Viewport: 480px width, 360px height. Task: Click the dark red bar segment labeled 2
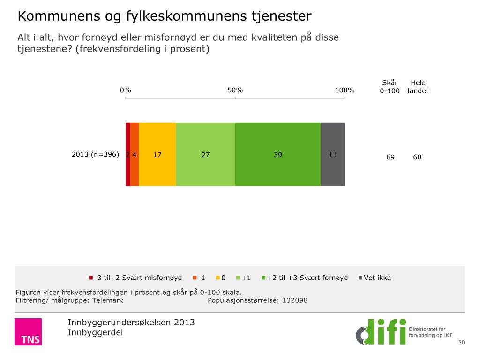tap(127, 154)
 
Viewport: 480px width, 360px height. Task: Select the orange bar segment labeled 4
tap(134, 154)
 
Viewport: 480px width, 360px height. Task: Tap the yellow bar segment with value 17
tap(157, 154)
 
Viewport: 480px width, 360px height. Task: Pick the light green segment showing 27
tap(206, 154)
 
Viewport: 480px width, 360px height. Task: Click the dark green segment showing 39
tap(278, 154)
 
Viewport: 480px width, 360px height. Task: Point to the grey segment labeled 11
tap(333, 154)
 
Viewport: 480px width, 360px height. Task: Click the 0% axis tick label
tap(125, 90)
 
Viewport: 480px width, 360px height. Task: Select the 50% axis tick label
tap(235, 90)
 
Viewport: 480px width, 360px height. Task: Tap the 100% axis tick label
tap(345, 90)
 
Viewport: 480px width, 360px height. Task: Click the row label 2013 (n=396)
tap(95, 154)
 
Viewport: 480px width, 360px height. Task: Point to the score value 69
tap(390, 157)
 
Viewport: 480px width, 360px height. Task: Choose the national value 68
tap(417, 157)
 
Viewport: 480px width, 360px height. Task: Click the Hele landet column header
tap(418, 87)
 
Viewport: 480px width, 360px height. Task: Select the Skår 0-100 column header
tap(390, 87)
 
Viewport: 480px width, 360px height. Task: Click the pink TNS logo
tap(28, 332)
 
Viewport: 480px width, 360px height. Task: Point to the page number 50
tap(461, 343)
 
